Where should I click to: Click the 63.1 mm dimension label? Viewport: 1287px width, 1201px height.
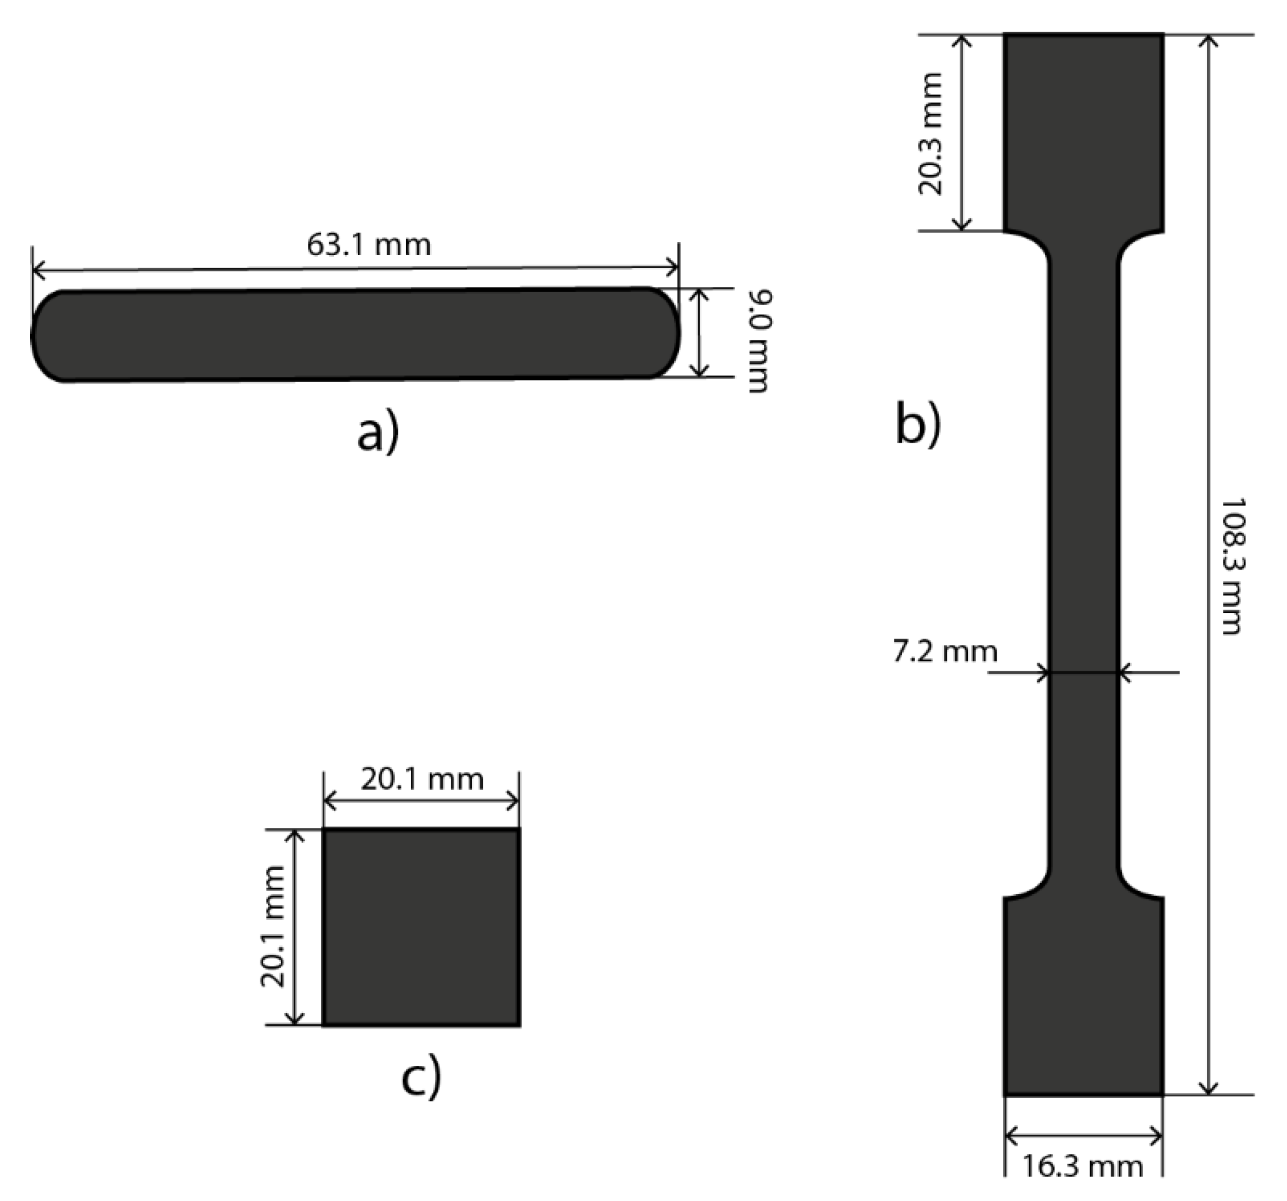tap(368, 245)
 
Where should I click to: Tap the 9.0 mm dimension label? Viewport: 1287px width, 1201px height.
tap(759, 341)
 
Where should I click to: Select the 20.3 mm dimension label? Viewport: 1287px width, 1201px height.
tap(931, 133)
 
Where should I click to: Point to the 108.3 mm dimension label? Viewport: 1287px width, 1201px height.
tap(1232, 566)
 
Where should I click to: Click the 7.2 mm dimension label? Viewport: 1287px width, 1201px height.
tap(944, 652)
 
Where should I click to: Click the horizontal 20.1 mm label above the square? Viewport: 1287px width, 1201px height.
tap(422, 780)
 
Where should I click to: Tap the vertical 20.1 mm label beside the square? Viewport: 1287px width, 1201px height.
tap(273, 926)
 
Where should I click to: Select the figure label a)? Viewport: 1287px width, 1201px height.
tap(378, 434)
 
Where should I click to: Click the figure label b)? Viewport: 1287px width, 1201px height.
tap(917, 424)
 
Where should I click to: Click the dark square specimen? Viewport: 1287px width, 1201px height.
tap(421, 927)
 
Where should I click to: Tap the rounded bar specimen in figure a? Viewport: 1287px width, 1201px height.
tap(356, 334)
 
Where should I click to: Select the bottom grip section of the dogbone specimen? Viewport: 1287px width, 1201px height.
tap(1084, 996)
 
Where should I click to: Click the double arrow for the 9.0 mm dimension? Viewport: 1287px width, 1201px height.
tap(699, 333)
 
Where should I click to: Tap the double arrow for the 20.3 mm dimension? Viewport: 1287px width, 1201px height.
tap(963, 133)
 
